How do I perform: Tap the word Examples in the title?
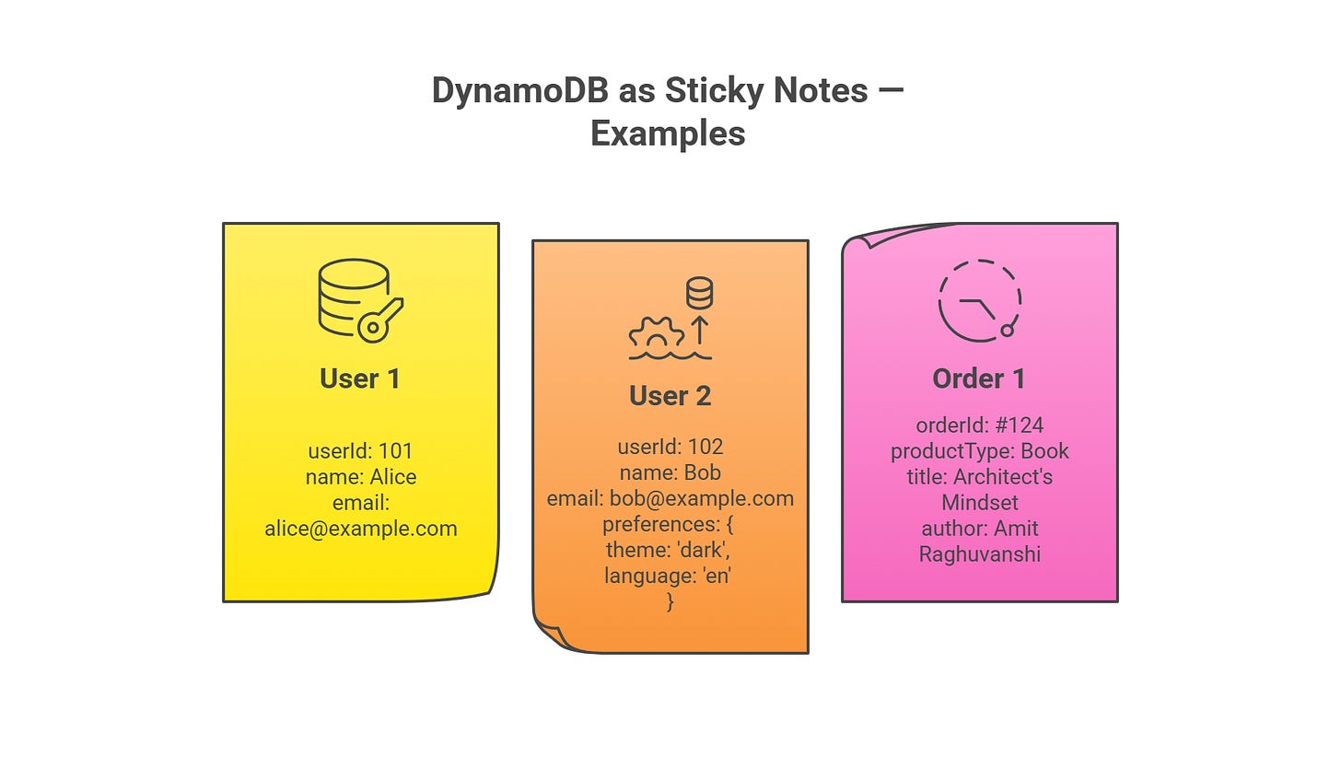tap(668, 134)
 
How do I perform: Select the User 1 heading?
tap(360, 378)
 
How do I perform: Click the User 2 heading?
tap(670, 396)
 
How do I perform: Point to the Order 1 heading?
tap(978, 378)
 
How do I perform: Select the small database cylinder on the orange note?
tap(700, 294)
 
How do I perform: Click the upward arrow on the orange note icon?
tap(700, 330)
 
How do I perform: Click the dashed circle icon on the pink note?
tap(979, 301)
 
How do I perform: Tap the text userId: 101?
tap(360, 451)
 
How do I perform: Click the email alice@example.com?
tap(360, 529)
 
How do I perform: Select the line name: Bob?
tap(670, 473)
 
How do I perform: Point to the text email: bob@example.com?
tap(670, 499)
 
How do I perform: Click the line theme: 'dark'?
tap(670, 551)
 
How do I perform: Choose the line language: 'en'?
tap(670, 576)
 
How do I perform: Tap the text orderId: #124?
tap(979, 425)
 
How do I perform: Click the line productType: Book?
tap(979, 451)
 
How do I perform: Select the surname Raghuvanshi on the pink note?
tap(979, 554)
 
